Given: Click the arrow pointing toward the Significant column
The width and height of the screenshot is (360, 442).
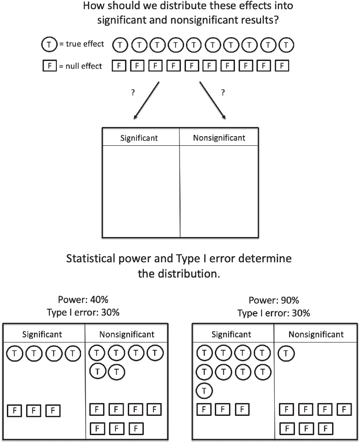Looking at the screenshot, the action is coord(147,100).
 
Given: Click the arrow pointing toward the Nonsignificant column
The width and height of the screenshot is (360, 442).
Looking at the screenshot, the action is coord(213,100).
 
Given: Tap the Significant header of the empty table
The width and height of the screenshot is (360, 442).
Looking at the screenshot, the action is coord(139,138).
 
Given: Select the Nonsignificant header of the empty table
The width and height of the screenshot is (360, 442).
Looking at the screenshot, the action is coord(219,138).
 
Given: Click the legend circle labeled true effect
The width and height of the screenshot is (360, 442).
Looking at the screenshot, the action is coord(49,44).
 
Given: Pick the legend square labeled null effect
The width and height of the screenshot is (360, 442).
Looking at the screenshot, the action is coord(49,66).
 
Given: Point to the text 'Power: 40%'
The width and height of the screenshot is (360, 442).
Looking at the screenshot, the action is coord(83,300).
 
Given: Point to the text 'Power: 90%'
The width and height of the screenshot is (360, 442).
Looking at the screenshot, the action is coord(274,300).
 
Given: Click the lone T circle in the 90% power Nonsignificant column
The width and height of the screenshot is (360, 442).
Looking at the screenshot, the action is coord(286,353).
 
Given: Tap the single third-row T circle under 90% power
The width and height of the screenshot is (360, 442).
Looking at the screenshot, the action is coord(204,391).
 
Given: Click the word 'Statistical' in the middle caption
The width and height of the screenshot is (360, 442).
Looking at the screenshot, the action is coord(91,259).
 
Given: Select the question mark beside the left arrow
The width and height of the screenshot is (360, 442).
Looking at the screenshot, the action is coord(133,93).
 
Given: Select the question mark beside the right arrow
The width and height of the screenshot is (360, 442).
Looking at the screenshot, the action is coord(223,93).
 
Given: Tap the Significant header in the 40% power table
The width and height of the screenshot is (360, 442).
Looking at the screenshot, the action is coord(42,334).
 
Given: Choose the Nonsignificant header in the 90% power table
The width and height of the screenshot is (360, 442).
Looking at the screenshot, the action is coord(316,334).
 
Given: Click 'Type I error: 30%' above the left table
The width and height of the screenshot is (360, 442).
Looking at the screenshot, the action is coord(83,312).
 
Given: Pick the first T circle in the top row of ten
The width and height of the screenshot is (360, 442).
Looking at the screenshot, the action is coord(120,45).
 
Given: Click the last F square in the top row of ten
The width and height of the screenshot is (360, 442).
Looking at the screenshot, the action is coord(282,66).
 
